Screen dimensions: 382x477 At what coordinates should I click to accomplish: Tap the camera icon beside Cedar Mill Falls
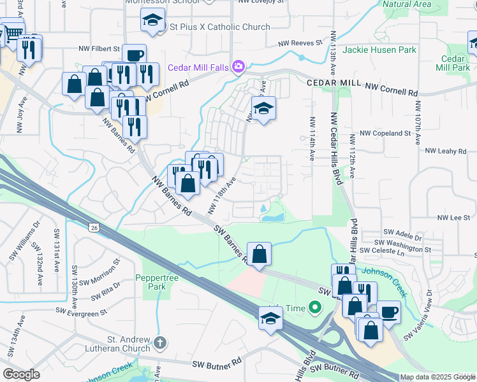(238, 66)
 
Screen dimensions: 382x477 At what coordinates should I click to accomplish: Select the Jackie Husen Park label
(379, 50)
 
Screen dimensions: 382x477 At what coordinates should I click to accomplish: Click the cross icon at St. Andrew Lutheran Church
(159, 343)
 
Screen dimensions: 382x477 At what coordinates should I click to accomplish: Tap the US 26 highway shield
(94, 227)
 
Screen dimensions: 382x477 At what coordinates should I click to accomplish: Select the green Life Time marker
(314, 309)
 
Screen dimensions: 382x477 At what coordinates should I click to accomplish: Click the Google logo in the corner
(21, 374)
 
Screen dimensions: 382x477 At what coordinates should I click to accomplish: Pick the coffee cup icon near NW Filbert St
(134, 55)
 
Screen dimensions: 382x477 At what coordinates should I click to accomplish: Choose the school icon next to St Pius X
(153, 22)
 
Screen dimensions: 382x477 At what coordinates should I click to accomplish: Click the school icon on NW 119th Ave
(263, 109)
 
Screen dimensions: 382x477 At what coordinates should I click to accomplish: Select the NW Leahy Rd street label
(446, 151)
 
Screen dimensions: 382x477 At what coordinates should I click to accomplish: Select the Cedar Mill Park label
(452, 62)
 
